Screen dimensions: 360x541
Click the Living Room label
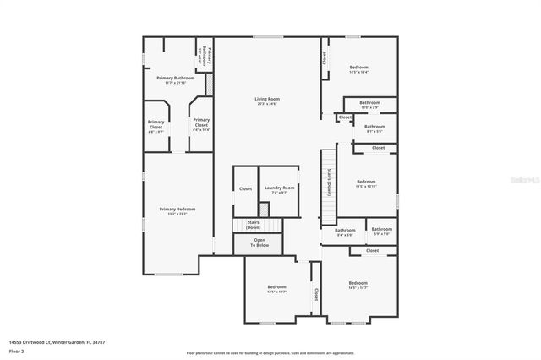(267, 100)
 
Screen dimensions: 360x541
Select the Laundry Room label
(279, 188)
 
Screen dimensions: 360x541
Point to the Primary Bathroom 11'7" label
(175, 79)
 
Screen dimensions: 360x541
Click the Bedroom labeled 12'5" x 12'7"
(276, 288)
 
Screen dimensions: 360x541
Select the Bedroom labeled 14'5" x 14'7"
(358, 285)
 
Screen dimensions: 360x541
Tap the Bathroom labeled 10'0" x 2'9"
(369, 104)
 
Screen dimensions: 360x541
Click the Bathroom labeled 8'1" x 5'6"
(374, 128)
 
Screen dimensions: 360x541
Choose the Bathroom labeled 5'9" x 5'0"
(381, 231)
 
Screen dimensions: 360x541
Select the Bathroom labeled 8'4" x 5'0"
(345, 232)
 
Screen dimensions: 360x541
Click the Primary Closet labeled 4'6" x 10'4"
(200, 127)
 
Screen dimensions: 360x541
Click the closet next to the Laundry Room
(245, 188)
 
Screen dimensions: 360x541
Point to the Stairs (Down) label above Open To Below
(253, 225)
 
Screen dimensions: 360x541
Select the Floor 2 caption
(17, 351)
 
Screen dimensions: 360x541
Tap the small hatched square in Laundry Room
(265, 207)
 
